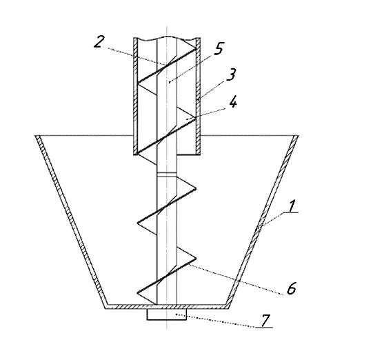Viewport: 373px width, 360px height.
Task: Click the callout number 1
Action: tap(292, 206)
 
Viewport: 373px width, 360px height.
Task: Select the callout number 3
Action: tap(231, 74)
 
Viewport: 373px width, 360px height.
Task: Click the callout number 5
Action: tap(219, 48)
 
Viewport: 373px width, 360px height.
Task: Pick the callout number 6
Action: tap(291, 288)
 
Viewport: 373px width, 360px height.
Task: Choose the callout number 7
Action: tap(266, 320)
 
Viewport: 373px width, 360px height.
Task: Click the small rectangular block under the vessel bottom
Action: tap(167, 314)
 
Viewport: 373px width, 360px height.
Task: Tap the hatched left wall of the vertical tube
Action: tap(135, 97)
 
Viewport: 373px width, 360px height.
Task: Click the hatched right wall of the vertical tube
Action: tap(198, 96)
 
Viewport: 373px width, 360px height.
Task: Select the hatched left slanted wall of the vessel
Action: tap(70, 221)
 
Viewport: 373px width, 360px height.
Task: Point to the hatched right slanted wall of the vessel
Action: tap(263, 221)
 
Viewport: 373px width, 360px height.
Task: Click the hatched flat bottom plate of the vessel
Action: tap(167, 306)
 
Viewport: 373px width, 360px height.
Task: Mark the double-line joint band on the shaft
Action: tap(167, 174)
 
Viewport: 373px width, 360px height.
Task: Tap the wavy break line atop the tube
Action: tap(167, 39)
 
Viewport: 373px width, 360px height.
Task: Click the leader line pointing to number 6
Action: tap(236, 279)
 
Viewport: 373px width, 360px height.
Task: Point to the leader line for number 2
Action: tap(137, 56)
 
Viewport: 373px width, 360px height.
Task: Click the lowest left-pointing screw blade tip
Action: tap(138, 292)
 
